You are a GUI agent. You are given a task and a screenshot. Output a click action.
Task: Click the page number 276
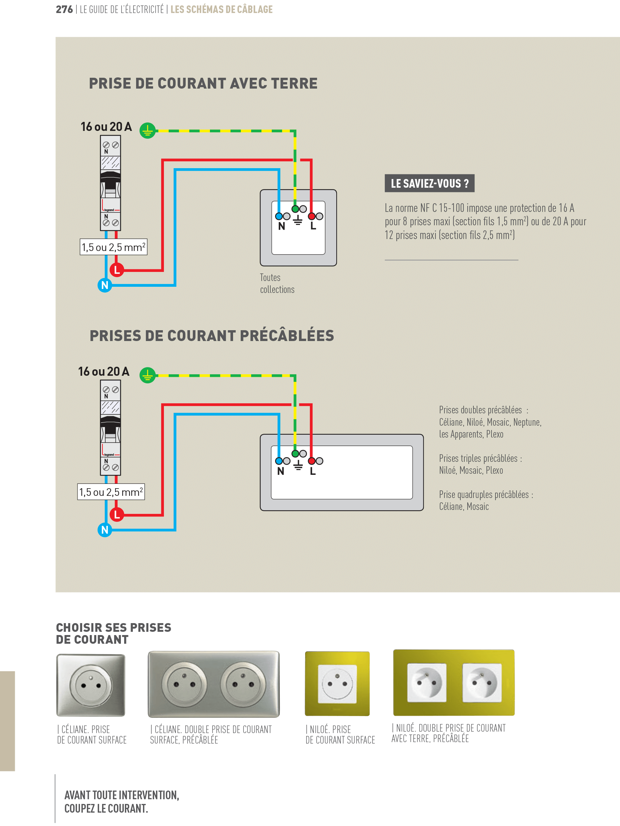pyautogui.click(x=64, y=9)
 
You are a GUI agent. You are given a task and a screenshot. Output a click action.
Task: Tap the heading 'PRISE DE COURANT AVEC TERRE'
pyautogui.click(x=203, y=83)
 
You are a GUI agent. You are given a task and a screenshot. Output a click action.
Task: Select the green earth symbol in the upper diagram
pyautogui.click(x=148, y=131)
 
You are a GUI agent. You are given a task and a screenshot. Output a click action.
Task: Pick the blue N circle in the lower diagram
pyautogui.click(x=105, y=529)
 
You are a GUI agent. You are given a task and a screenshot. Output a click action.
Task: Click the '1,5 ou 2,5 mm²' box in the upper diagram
pyautogui.click(x=113, y=247)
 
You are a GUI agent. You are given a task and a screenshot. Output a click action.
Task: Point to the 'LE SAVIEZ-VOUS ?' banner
pyautogui.click(x=429, y=183)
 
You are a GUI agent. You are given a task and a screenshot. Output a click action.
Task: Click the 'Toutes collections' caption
pyautogui.click(x=277, y=284)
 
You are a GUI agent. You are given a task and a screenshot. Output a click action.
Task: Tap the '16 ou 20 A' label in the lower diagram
pyautogui.click(x=104, y=371)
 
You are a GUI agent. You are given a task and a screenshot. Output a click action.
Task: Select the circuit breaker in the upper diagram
pyautogui.click(x=110, y=183)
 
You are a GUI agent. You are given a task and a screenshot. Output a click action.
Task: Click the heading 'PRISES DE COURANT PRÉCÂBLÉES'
pyautogui.click(x=211, y=336)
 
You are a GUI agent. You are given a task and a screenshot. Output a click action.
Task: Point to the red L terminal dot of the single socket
pyautogui.click(x=311, y=216)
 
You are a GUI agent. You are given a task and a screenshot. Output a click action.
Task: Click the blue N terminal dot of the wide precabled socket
pyautogui.click(x=279, y=461)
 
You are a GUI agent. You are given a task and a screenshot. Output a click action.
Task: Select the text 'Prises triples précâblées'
pyautogui.click(x=480, y=459)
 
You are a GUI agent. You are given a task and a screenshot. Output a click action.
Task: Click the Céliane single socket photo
pyautogui.click(x=91, y=685)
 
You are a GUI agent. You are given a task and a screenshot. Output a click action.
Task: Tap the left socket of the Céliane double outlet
pyautogui.click(x=184, y=685)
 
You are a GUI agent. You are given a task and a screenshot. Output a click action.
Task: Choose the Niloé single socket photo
pyautogui.click(x=337, y=684)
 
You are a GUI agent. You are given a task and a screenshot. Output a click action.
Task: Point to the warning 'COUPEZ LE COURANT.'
pyautogui.click(x=106, y=808)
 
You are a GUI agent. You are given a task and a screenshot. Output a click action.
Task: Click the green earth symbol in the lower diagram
pyautogui.click(x=148, y=375)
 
